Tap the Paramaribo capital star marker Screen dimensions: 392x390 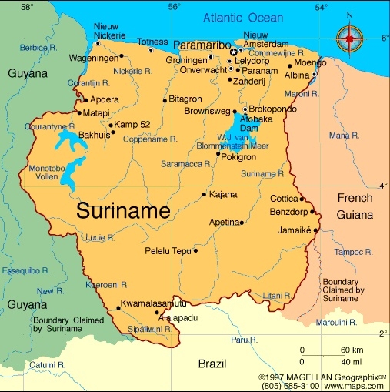pos(234,52)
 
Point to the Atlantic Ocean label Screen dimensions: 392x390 pos(243,18)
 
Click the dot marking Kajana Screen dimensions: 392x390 pos(204,194)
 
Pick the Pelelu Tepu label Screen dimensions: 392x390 pos(168,251)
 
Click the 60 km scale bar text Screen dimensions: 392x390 pos(352,350)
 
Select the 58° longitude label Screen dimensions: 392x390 pos(28,7)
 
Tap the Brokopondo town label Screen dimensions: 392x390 pos(274,109)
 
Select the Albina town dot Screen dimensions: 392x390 pos(314,74)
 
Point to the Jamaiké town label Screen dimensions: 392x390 pos(294,230)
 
